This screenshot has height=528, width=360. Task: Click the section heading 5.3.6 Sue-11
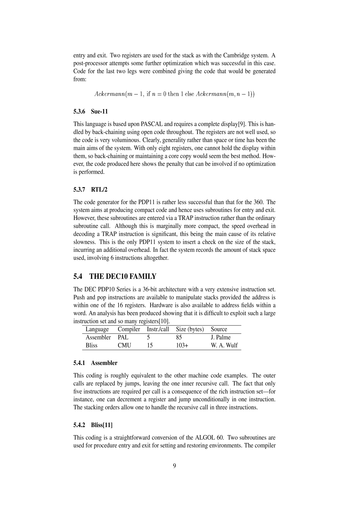point(91,112)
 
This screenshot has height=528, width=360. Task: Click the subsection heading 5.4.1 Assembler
point(95,363)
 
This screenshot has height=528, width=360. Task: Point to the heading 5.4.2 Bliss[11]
point(93,425)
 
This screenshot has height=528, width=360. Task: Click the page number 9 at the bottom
point(175,466)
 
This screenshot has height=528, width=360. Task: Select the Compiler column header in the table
point(129,329)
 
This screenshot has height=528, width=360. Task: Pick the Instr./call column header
point(158,329)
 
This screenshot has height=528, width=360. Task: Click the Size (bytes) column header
point(190,329)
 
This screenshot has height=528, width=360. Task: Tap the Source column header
point(219,329)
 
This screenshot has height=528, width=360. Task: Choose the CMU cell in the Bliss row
point(124,345)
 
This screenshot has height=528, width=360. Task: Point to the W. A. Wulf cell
point(224,345)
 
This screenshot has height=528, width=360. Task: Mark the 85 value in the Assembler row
point(179,337)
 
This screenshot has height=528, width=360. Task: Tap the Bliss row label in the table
point(92,345)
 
